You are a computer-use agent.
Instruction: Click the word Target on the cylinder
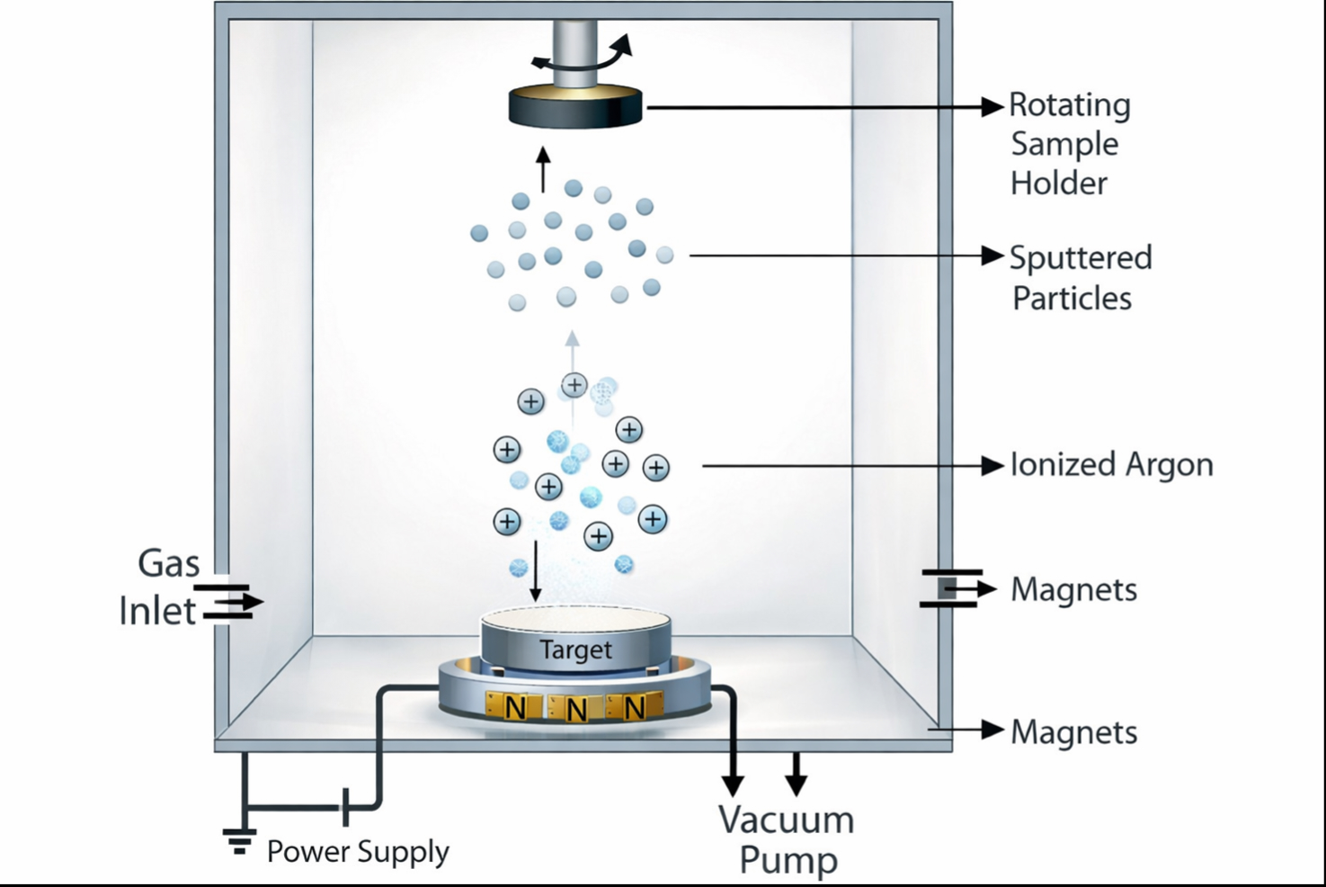[575, 650]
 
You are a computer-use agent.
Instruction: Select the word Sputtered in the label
[1080, 258]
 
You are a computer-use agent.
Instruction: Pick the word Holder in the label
[1058, 184]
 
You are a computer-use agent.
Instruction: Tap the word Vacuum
[786, 820]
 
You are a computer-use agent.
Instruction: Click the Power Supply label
[358, 851]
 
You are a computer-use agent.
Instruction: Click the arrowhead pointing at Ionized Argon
[992, 466]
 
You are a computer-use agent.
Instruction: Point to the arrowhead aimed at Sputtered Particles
[992, 256]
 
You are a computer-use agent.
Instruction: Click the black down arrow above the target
[536, 570]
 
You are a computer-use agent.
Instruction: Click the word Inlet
[157, 612]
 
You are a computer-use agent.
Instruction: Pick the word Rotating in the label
[1069, 105]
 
